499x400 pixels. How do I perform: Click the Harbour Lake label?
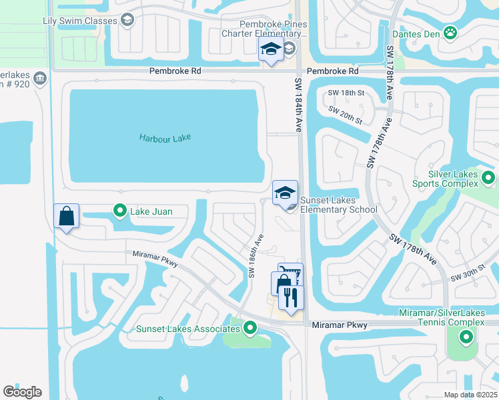(165, 137)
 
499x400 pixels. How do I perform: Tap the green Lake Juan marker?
(120, 211)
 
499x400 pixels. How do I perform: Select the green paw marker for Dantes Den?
(451, 31)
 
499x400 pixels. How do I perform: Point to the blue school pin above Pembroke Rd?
(271, 49)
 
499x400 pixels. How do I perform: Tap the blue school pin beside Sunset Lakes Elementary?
(285, 193)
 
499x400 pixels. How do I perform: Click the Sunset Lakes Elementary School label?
(338, 205)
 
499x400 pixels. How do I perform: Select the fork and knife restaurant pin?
(291, 297)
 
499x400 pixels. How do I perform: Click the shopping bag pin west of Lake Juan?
(67, 217)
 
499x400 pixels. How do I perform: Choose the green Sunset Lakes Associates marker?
(250, 327)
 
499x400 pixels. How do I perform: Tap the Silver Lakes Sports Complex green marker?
(488, 178)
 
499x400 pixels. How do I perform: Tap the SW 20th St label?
(345, 115)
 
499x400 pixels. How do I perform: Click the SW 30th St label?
(466, 276)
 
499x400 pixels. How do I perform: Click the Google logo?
(22, 392)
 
